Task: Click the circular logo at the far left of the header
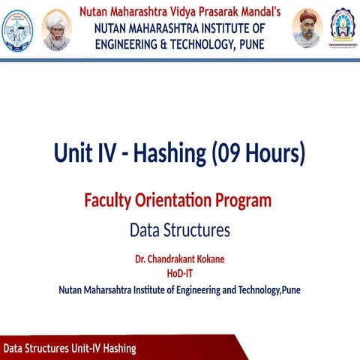coord(19,28)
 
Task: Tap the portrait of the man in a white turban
coord(56,30)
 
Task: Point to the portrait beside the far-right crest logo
coord(306,28)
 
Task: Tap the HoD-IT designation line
coord(180,273)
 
